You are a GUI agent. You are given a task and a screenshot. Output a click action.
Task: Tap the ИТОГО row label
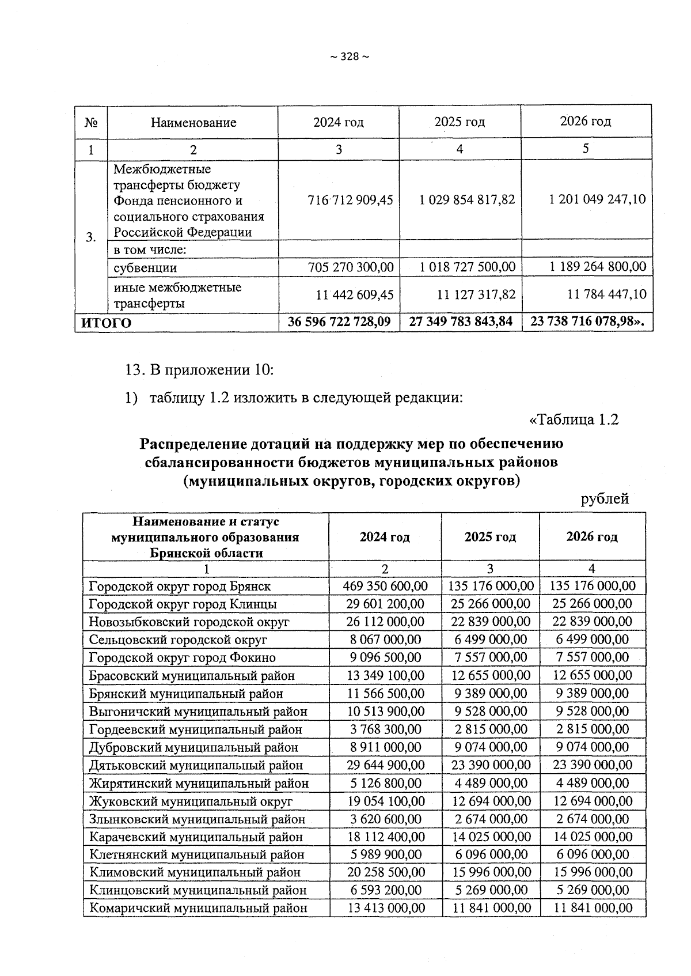pos(106,323)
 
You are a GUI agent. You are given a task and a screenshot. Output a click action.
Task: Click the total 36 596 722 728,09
pos(339,321)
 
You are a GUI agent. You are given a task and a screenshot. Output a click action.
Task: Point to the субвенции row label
pos(145,268)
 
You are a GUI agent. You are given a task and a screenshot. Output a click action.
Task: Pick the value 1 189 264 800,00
pos(598,267)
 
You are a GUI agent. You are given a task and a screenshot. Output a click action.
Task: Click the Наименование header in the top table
pos(193,123)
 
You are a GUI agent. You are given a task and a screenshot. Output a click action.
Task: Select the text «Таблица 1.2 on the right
pos(573,419)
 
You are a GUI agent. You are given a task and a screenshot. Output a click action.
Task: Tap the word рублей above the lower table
pos(604,499)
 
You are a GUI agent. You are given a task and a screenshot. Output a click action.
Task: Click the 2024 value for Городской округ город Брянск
pos(385,586)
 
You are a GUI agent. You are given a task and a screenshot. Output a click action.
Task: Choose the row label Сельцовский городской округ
pos(178,640)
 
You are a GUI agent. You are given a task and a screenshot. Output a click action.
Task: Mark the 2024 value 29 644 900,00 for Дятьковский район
pos(386,765)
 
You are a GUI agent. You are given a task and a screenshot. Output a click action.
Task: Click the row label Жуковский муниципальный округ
pos(191,801)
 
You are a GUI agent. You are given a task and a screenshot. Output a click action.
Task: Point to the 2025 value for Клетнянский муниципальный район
pos(491,854)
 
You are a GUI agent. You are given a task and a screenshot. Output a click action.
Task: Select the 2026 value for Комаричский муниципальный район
pos(593,908)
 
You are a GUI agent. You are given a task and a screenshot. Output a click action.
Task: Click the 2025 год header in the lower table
pos(490,537)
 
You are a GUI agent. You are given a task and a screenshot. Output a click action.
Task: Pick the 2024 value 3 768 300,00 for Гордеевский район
pos(386,729)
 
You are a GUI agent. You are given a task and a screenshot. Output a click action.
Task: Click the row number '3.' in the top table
pos(91,237)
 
